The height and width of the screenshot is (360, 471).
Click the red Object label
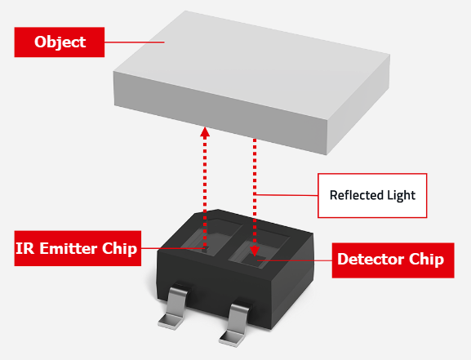coord(60,42)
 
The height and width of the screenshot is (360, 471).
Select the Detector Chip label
coord(390,260)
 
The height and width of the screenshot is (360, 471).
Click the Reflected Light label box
coord(372,195)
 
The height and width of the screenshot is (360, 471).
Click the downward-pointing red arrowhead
coord(255,252)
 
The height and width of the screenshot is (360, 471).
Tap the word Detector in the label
coord(372,260)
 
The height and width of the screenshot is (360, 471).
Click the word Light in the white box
coord(401,195)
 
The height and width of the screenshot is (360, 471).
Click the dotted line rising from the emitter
coord(205,188)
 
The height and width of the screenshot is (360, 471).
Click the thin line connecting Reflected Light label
coord(290,194)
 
